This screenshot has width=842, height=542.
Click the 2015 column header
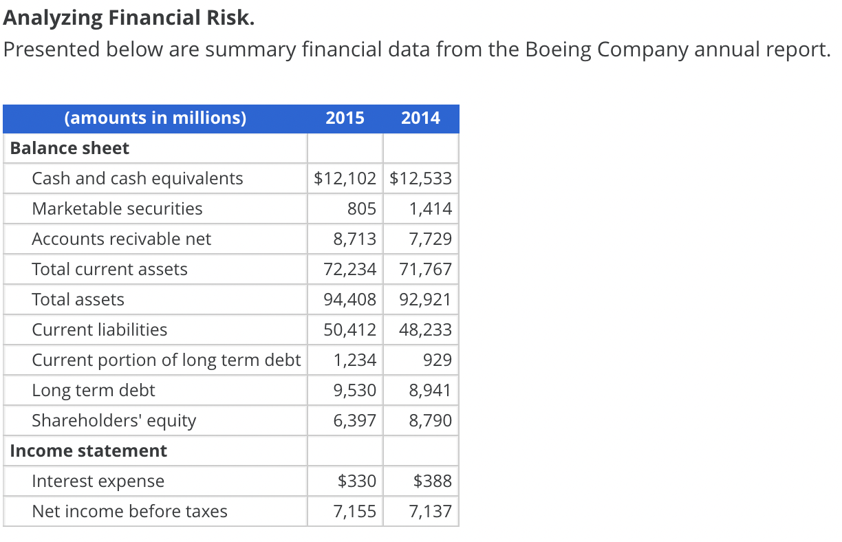(345, 118)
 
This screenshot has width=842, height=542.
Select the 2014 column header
(420, 118)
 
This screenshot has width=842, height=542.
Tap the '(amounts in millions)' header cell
(155, 118)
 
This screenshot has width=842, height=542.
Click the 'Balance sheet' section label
(69, 149)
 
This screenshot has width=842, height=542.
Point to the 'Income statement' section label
(88, 451)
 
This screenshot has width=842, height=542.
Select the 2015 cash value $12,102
(345, 179)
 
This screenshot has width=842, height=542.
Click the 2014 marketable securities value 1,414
(431, 209)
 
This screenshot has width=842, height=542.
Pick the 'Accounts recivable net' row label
(121, 239)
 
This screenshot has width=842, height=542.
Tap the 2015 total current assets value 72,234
(350, 270)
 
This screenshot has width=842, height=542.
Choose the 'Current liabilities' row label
(99, 330)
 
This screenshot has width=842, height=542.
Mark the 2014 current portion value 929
(438, 360)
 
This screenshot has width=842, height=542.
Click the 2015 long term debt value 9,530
(355, 391)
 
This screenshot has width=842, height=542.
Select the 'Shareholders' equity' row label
(114, 421)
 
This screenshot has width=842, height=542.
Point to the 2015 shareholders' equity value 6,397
(355, 421)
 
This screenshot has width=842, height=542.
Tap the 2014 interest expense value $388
(433, 481)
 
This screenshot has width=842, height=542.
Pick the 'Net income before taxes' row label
(129, 512)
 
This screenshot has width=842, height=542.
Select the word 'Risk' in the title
(230, 18)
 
